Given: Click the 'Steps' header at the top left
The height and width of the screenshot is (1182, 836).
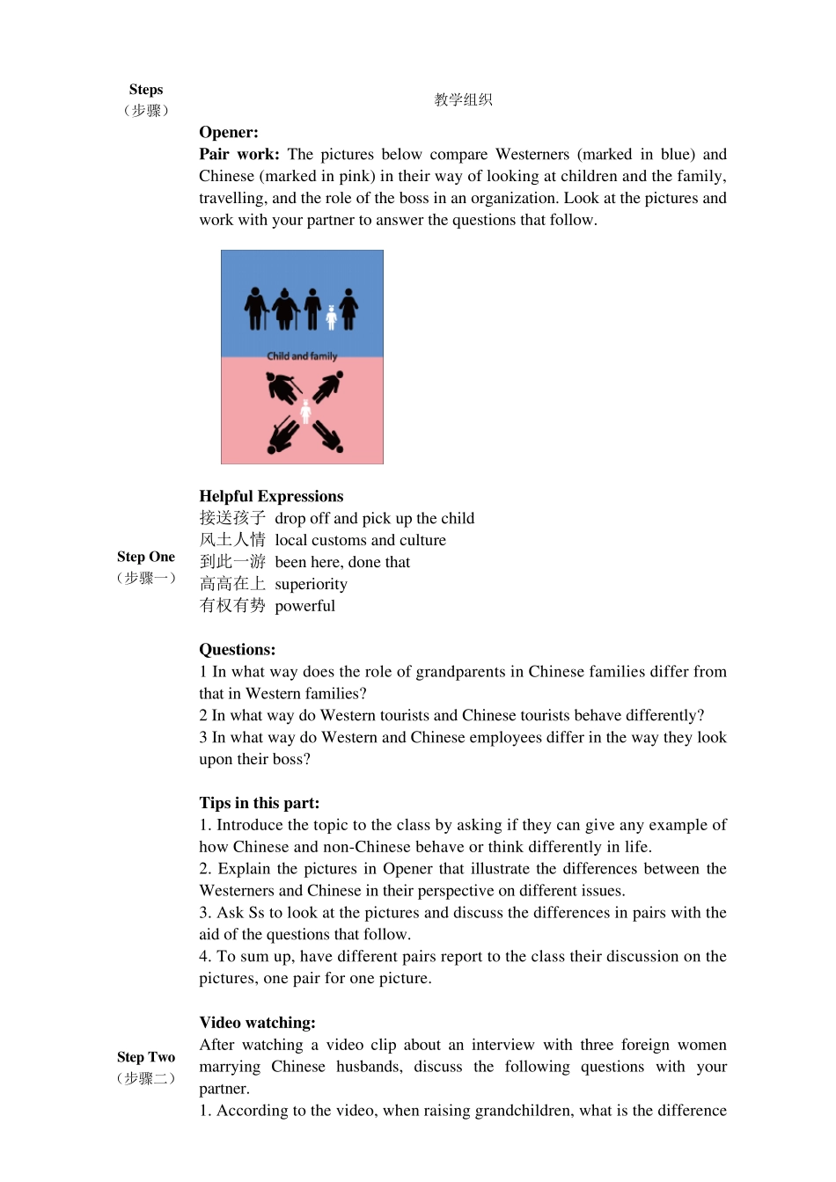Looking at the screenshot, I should tap(146, 90).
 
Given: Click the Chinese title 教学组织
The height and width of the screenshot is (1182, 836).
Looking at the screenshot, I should tap(463, 100).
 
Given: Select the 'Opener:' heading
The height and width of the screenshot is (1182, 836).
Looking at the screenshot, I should tap(229, 133).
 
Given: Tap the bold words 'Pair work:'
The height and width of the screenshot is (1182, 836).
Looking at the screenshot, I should tap(239, 155).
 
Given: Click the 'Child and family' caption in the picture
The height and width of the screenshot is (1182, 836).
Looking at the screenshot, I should tap(302, 356).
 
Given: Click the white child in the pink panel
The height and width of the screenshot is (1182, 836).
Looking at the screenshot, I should tap(305, 411).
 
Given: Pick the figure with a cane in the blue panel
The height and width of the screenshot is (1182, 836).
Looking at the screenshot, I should tap(256, 309).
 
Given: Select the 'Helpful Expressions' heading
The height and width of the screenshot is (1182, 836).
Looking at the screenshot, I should tap(271, 497).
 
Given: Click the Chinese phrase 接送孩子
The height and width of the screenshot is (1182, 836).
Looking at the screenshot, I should tap(232, 519).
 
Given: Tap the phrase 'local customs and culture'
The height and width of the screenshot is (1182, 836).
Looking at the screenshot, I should tap(360, 541).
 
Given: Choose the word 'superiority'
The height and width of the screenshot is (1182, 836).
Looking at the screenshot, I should tap(311, 585).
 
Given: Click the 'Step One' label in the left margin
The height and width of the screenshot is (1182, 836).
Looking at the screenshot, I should tap(146, 557).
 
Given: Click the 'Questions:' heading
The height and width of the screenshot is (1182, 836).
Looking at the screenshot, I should tap(237, 650).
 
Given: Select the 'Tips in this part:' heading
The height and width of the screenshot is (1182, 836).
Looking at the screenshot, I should tap(260, 803).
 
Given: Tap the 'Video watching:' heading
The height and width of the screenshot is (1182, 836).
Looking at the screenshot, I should tap(257, 1023).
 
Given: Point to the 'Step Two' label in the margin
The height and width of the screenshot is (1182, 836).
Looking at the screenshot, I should tap(146, 1057).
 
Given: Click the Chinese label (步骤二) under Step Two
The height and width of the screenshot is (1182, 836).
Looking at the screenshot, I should tap(146, 1078).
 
